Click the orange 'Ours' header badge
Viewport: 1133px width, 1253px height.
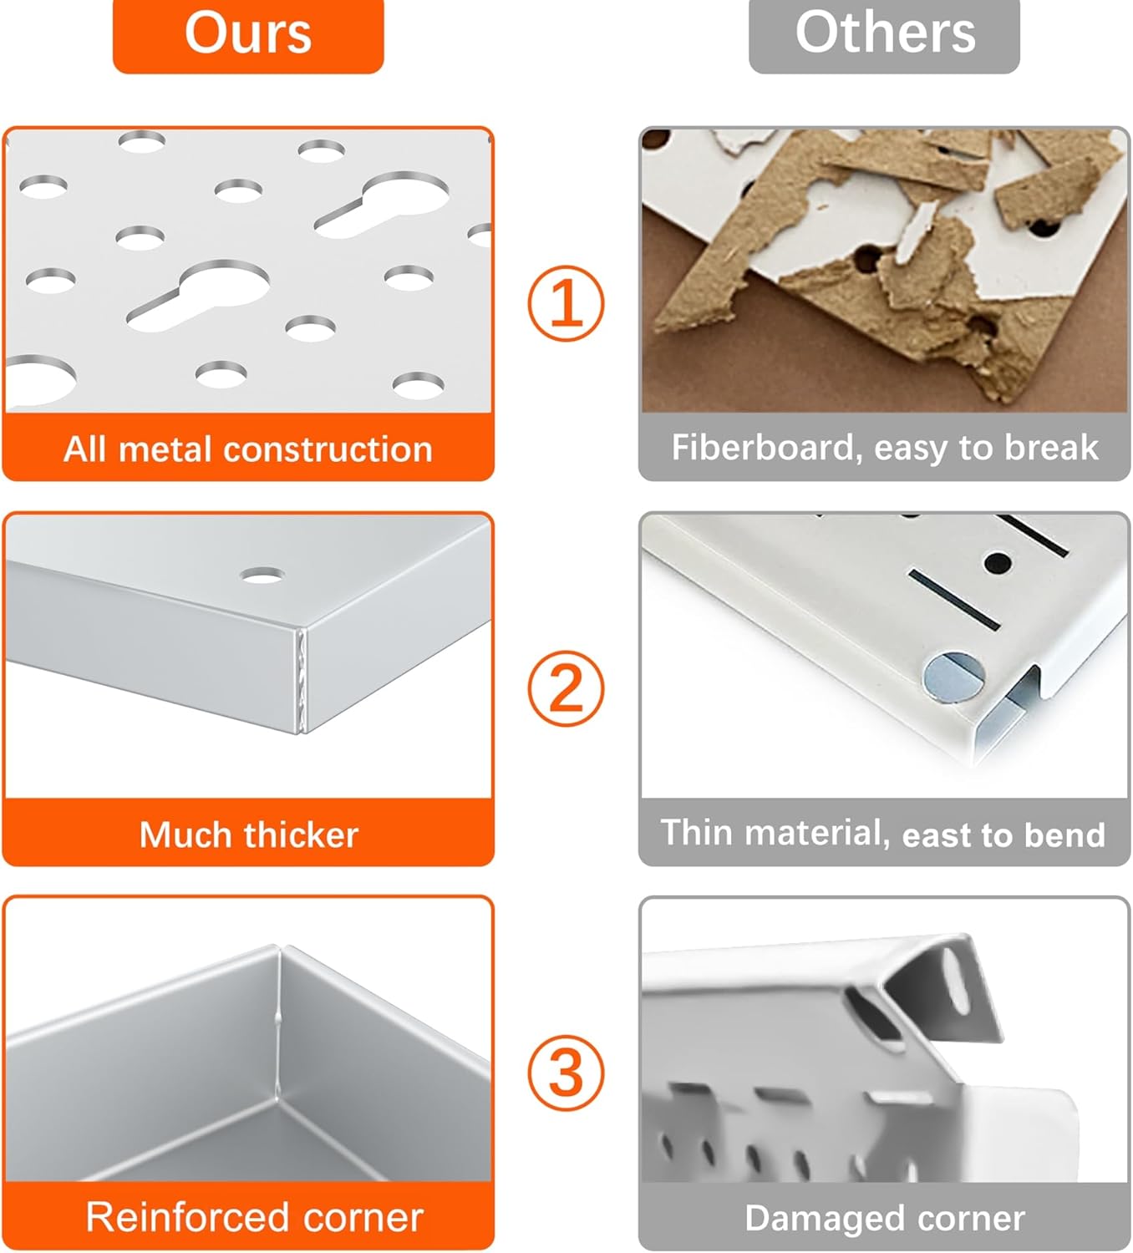(x=248, y=35)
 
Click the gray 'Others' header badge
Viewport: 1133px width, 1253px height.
(x=884, y=35)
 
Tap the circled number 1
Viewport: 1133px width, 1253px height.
(x=566, y=303)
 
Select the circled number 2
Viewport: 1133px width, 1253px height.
(x=566, y=688)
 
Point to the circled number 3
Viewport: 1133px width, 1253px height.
(x=566, y=1073)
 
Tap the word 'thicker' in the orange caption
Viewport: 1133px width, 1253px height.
(x=302, y=834)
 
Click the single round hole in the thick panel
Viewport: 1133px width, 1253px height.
(x=262, y=576)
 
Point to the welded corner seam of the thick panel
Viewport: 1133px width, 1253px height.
(x=302, y=680)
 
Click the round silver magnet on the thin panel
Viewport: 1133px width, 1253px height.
(x=953, y=677)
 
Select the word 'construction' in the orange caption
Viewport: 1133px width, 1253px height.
(x=328, y=449)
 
